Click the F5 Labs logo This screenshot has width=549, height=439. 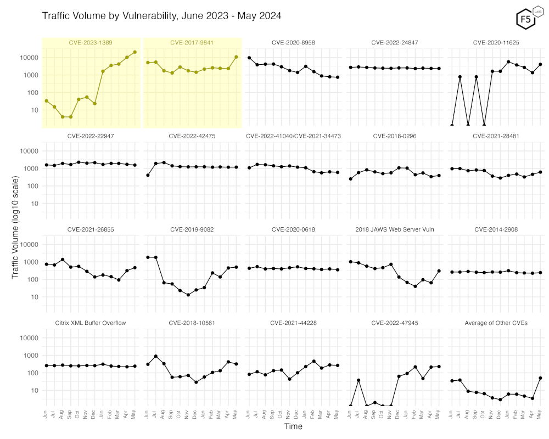[525, 18]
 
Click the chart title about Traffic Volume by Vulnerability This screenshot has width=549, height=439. [162, 16]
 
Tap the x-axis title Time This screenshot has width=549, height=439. [293, 426]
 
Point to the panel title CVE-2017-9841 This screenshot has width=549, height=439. [192, 42]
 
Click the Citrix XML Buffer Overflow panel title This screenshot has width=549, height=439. [91, 323]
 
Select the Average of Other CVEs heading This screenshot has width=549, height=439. [496, 323]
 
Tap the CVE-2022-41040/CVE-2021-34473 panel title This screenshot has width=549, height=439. [294, 136]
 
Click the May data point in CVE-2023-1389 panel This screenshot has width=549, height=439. [135, 52]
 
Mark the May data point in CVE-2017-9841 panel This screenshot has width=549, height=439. [236, 57]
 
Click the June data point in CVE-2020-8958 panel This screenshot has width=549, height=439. [249, 58]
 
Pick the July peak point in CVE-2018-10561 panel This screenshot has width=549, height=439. [156, 357]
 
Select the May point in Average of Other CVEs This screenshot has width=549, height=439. [540, 378]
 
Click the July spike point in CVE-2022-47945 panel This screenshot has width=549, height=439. [358, 380]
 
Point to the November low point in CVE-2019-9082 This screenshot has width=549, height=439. [188, 295]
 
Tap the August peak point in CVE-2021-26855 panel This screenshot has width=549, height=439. [63, 260]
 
